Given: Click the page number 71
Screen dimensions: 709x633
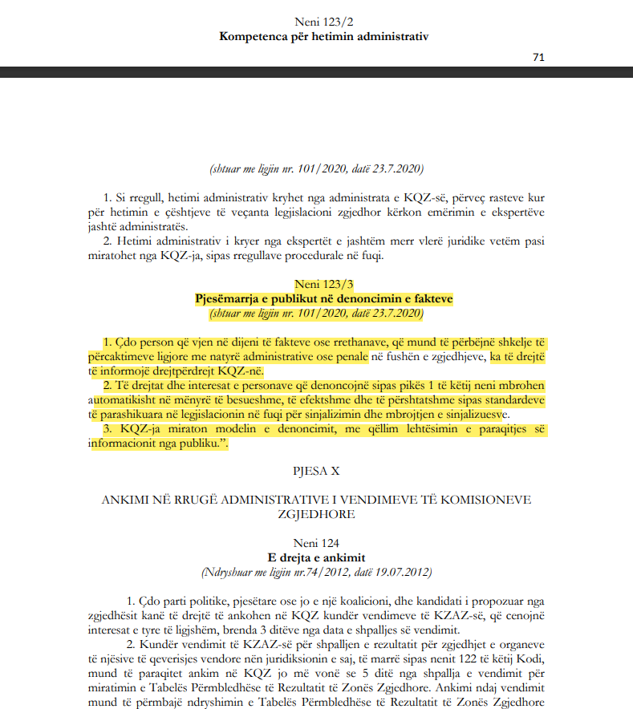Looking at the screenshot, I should [538, 58].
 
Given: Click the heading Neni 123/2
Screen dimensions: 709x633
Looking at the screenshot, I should [324, 22].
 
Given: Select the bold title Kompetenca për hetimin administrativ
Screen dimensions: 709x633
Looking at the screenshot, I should [324, 36].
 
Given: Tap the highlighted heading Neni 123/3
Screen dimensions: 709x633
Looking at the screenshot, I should [324, 284].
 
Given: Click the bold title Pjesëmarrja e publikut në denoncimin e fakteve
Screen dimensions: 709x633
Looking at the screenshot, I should [324, 298].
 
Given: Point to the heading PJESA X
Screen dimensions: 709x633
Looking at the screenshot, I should [324, 465].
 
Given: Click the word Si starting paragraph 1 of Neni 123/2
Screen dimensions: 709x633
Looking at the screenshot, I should [120, 196].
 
